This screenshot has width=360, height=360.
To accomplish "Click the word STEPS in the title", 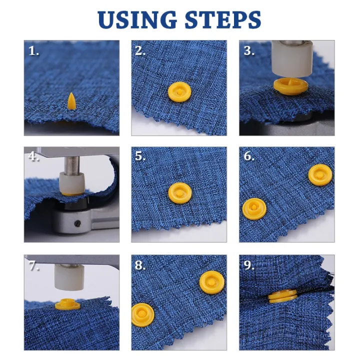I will (x=224, y=19).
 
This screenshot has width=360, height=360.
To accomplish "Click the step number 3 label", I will (x=248, y=50).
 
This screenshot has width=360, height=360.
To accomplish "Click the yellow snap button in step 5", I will (x=178, y=192).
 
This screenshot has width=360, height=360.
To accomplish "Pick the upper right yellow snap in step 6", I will (x=319, y=175).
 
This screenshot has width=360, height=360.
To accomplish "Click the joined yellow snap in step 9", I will (x=283, y=297).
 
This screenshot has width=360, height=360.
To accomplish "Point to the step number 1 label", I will (x=33, y=50).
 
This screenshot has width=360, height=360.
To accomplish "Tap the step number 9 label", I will (x=248, y=265).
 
